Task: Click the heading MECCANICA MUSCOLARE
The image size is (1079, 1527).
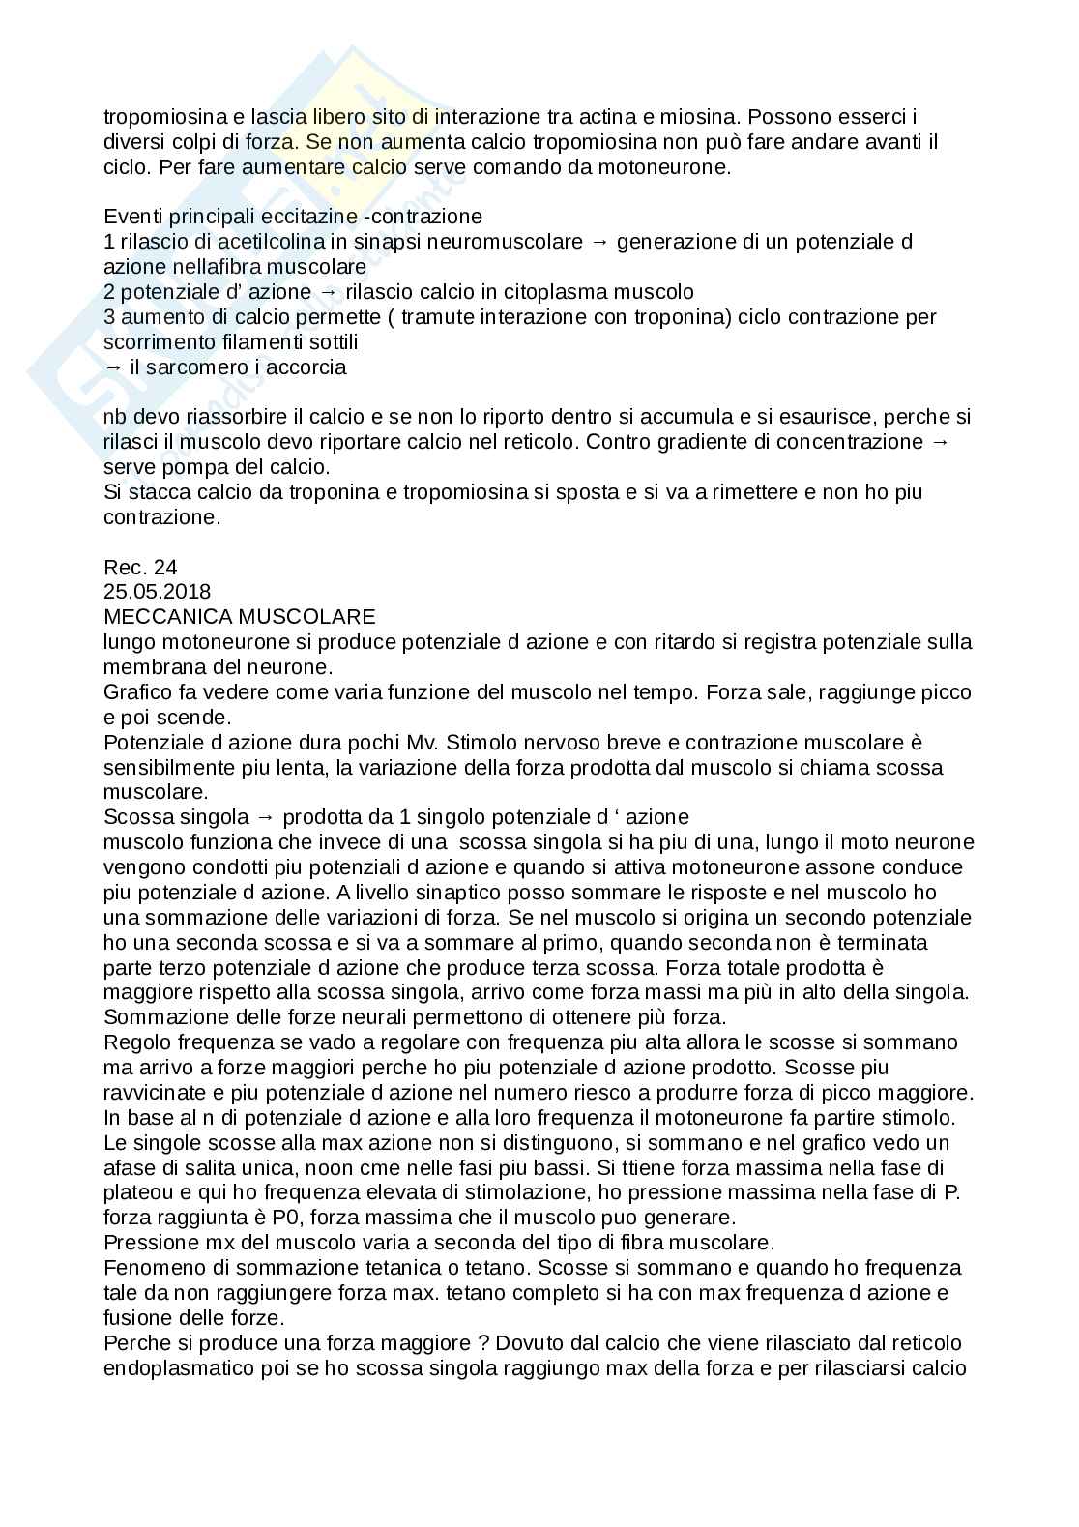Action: point(239,616)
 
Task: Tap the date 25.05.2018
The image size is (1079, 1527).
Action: point(157,591)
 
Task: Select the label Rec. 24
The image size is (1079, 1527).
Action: point(140,566)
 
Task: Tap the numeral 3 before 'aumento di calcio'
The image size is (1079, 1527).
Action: point(108,316)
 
